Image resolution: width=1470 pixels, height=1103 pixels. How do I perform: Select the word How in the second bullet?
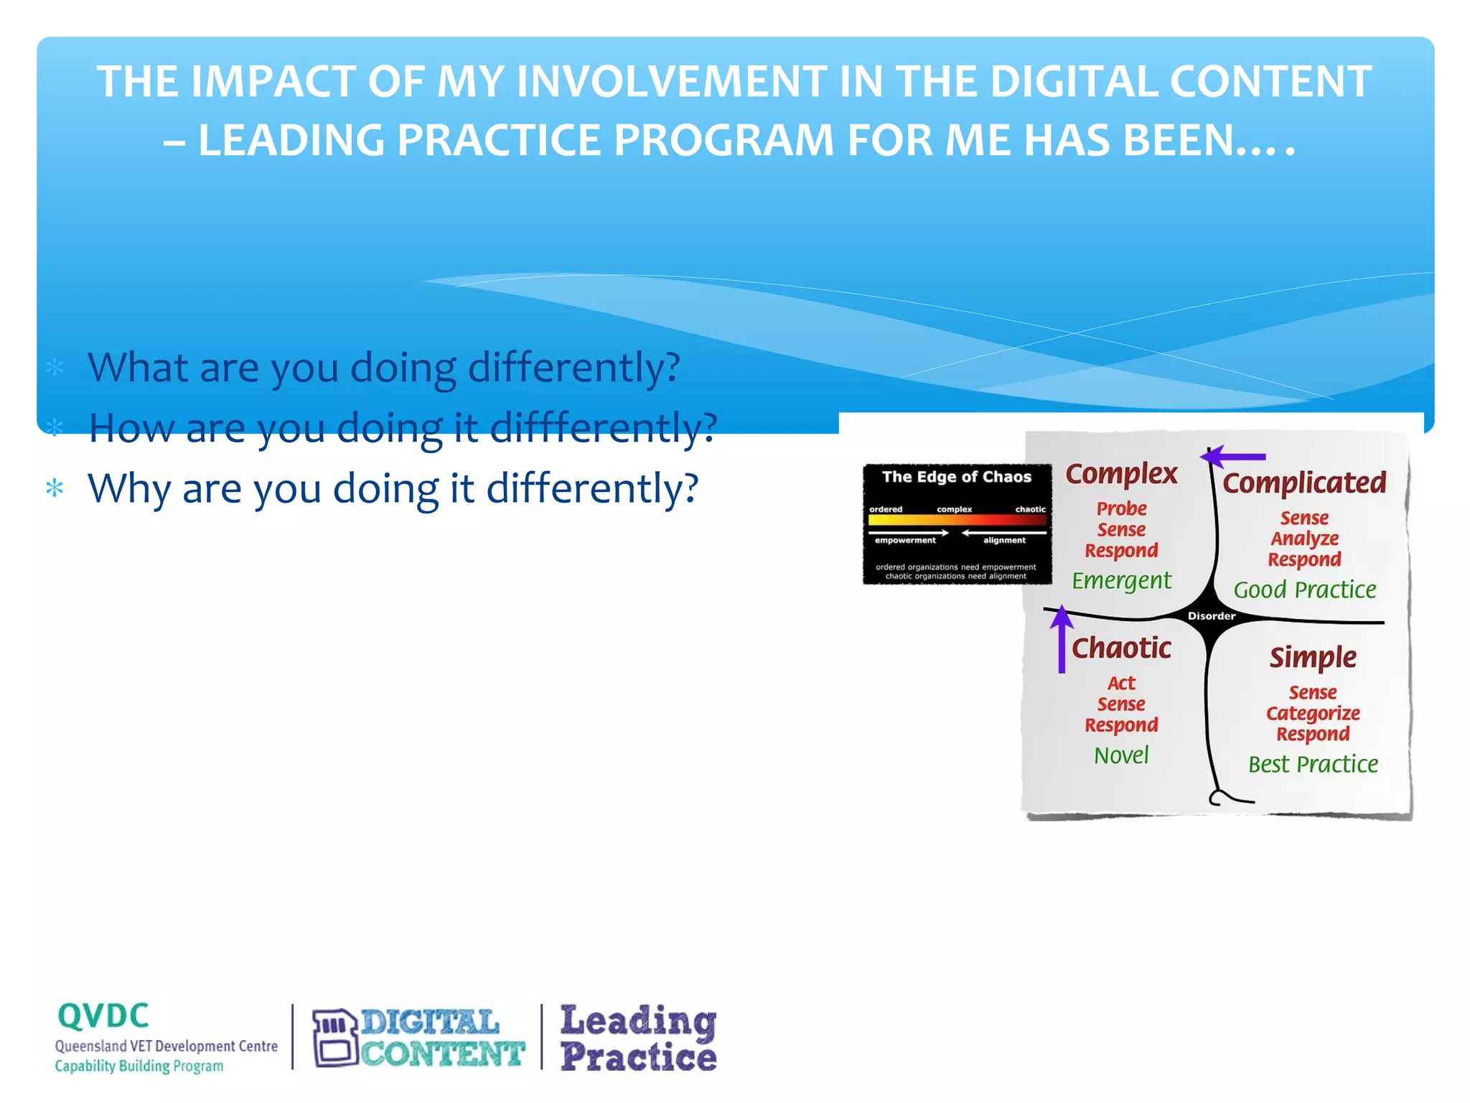pos(131,429)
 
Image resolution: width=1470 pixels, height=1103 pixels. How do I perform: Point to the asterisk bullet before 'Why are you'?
pos(55,489)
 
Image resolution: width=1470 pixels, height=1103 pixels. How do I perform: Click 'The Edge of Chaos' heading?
pos(956,477)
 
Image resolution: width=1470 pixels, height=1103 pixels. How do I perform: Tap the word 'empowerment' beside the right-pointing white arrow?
pos(904,541)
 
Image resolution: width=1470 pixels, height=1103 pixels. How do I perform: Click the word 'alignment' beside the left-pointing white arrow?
pos(1004,541)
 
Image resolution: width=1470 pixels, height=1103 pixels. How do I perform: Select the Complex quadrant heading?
pos(1121,474)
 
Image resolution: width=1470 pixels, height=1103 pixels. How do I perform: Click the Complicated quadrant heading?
pos(1304,483)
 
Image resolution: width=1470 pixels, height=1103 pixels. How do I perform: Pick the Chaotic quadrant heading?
pos(1121,648)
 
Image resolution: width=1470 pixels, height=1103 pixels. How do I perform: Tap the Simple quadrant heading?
pos(1313,657)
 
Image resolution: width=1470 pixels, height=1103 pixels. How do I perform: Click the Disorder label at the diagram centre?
pos(1212,616)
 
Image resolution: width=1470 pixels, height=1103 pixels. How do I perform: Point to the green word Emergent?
pos(1121,580)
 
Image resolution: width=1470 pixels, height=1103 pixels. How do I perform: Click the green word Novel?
pos(1121,755)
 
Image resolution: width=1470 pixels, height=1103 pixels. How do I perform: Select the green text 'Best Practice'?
pos(1313,764)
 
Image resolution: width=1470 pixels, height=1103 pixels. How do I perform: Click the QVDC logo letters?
pos(103,1016)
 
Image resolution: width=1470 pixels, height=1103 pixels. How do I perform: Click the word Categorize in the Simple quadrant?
pos(1313,713)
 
